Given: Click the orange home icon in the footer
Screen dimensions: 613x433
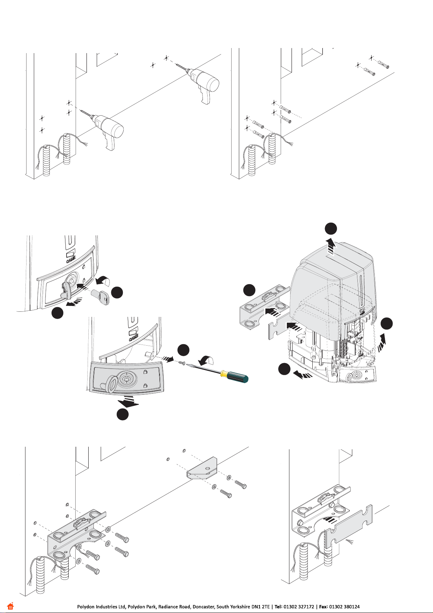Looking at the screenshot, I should [x=10, y=606].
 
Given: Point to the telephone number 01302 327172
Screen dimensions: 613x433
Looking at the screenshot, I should [x=299, y=606].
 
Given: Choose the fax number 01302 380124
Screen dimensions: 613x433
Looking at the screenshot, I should [x=344, y=606].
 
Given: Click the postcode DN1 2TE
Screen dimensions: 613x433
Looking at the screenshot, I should [x=260, y=606].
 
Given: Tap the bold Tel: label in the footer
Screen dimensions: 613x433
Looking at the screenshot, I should [x=278, y=606].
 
